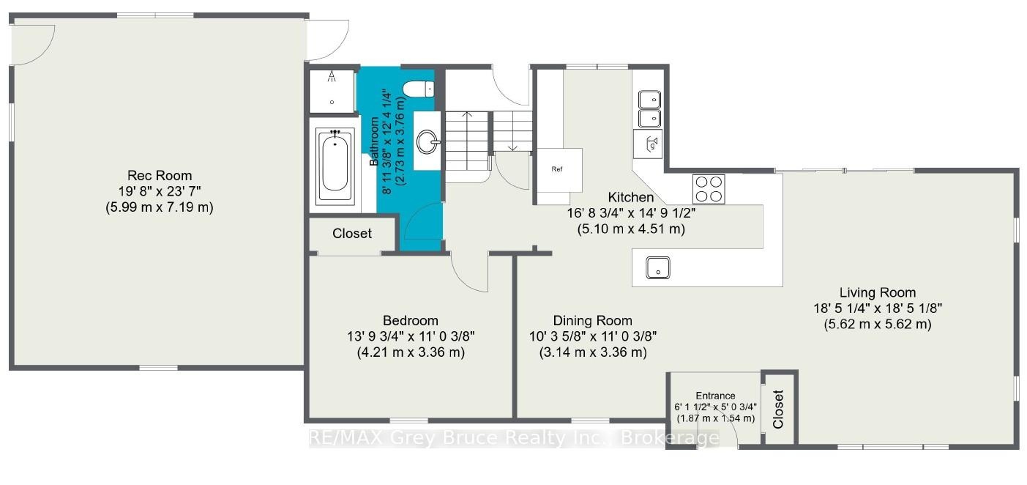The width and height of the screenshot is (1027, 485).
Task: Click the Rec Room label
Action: [160, 175]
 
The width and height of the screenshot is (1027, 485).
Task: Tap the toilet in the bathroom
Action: [418, 89]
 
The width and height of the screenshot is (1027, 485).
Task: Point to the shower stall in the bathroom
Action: [332, 92]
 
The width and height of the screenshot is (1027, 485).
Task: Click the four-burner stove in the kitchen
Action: [709, 189]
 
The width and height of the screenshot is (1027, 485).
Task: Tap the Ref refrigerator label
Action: [556, 169]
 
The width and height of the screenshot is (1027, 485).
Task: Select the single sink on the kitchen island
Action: [658, 267]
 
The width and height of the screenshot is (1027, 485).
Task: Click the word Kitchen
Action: [631, 197]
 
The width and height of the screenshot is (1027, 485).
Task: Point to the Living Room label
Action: [878, 293]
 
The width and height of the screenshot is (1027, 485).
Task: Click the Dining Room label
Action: [592, 321]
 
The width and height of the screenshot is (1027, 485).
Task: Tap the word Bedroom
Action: [411, 321]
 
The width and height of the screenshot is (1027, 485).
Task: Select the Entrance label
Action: [715, 396]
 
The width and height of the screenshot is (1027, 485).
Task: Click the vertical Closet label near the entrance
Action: [778, 410]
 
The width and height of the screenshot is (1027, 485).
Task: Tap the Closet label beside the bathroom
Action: [351, 234]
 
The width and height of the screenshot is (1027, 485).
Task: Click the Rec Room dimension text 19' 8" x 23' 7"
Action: [160, 191]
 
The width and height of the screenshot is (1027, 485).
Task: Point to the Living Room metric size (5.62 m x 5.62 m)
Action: [878, 325]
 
